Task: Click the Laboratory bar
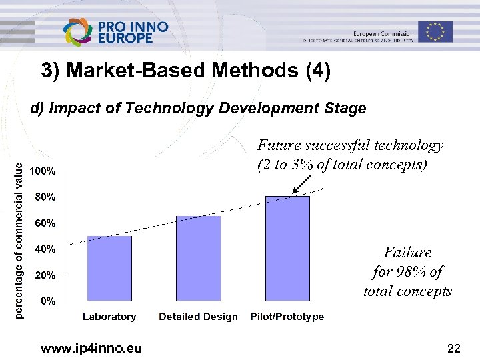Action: pyautogui.click(x=109, y=268)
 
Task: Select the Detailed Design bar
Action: pyautogui.click(x=198, y=258)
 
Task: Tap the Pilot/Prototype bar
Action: pyautogui.click(x=287, y=248)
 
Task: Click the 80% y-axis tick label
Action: pyautogui.click(x=46, y=197)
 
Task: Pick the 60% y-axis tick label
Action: pyautogui.click(x=46, y=223)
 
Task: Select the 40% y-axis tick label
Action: pyautogui.click(x=46, y=249)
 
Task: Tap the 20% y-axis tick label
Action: pyautogui.click(x=46, y=275)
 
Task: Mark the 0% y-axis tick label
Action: pyautogui.click(x=49, y=301)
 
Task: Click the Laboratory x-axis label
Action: pyautogui.click(x=109, y=317)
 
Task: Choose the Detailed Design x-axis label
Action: pyautogui.click(x=198, y=317)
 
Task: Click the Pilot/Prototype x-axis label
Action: pyautogui.click(x=287, y=317)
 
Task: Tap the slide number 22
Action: pyautogui.click(x=454, y=347)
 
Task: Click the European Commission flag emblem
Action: pyautogui.click(x=435, y=31)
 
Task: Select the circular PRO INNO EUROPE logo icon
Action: pyautogui.click(x=78, y=32)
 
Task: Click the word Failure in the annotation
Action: pyautogui.click(x=407, y=253)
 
